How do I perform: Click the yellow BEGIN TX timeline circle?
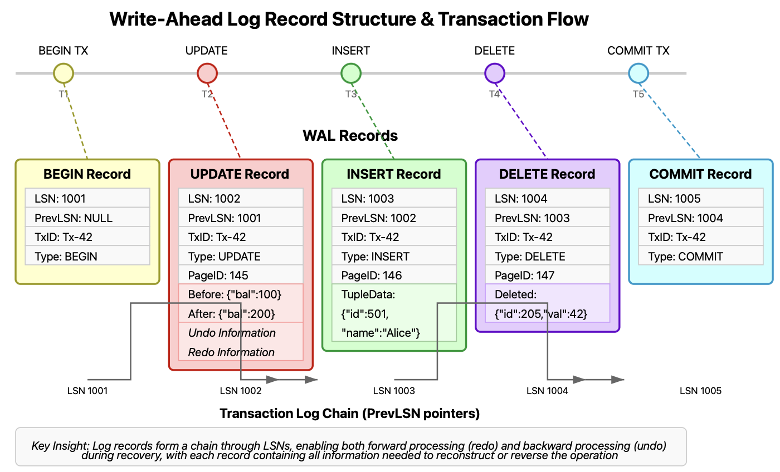click(63, 73)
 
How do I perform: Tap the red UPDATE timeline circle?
click(207, 73)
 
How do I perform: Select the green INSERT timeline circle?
click(351, 73)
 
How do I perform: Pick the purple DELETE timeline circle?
click(495, 73)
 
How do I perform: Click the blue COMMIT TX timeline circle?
click(638, 73)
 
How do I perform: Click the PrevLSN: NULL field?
click(87, 218)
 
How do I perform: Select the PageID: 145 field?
click(241, 275)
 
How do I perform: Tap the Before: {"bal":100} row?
click(241, 294)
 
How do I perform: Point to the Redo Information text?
click(232, 352)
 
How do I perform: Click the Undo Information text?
click(232, 333)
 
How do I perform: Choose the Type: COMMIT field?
click(701, 256)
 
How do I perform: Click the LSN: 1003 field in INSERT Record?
click(394, 198)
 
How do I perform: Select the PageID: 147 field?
click(548, 275)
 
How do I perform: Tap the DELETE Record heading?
click(547, 174)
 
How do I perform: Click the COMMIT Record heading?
click(701, 174)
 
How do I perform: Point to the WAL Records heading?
click(350, 136)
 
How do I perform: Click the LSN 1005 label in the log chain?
click(700, 391)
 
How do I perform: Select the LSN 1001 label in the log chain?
click(87, 391)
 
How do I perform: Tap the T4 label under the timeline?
click(494, 94)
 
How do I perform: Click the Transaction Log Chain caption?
click(350, 414)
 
